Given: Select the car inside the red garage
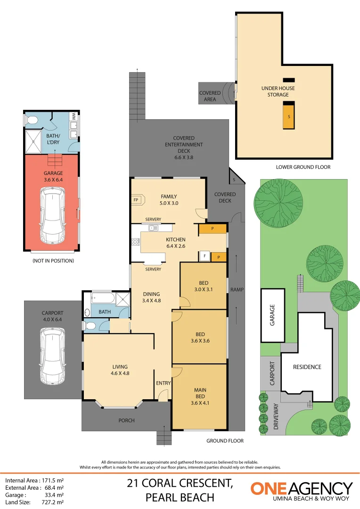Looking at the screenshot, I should pyautogui.click(x=52, y=214).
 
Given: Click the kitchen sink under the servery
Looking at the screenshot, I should pyautogui.click(x=154, y=228).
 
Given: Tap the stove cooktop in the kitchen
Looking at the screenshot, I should pyautogui.click(x=136, y=242).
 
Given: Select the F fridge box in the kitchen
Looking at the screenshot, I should pyautogui.click(x=204, y=256).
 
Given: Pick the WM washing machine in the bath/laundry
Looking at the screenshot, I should pyautogui.click(x=74, y=116).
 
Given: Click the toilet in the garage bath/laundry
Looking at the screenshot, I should pyautogui.click(x=32, y=121).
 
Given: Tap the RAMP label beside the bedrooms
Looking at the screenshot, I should pyautogui.click(x=237, y=289).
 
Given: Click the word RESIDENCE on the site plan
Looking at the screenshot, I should pyautogui.click(x=307, y=367).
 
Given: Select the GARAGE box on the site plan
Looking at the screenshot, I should pyautogui.click(x=272, y=315).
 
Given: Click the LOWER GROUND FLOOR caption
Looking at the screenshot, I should pyautogui.click(x=303, y=167).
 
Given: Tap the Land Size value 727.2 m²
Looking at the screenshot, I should pyautogui.click(x=52, y=502).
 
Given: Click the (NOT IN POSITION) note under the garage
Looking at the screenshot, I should pyautogui.click(x=53, y=261).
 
